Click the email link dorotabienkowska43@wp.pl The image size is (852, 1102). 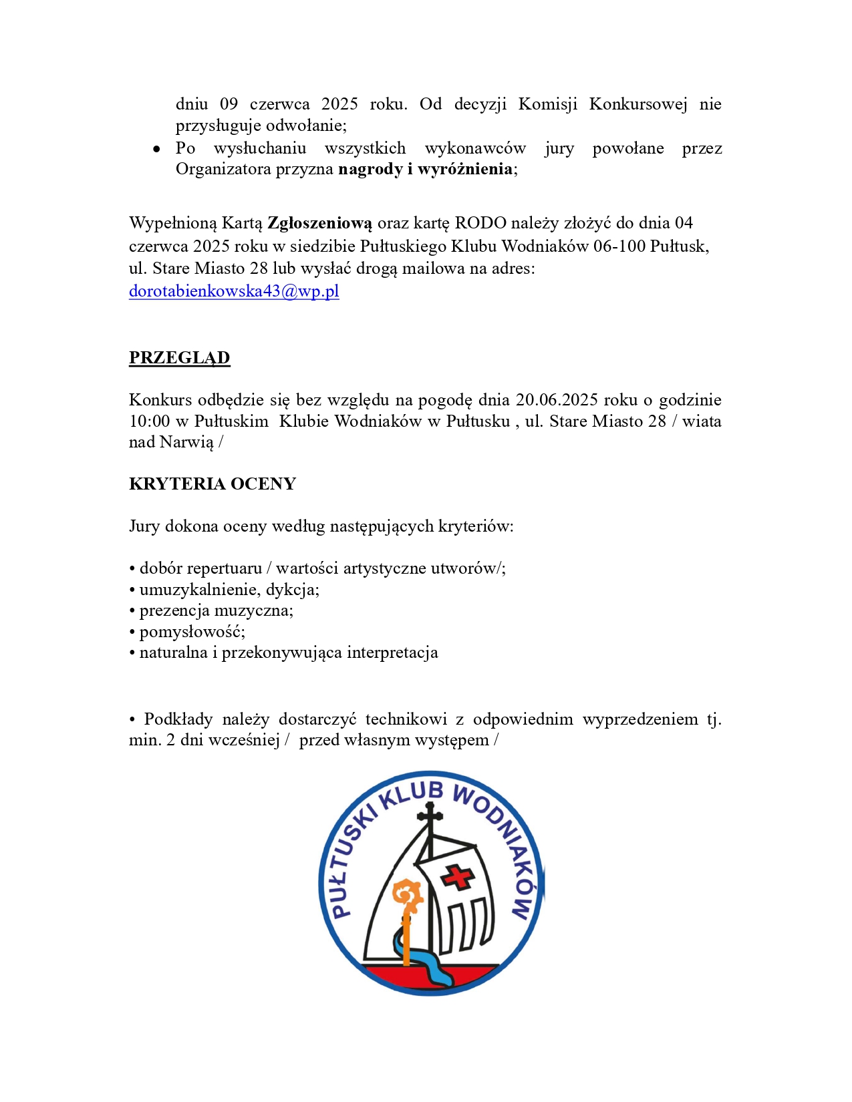[234, 291]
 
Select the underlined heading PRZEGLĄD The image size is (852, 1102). [179, 358]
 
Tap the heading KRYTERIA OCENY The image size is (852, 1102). [212, 484]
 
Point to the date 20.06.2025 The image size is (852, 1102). [557, 400]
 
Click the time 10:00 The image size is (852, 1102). [150, 421]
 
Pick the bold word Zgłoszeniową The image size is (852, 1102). [319, 223]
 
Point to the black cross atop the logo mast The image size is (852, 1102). [430, 814]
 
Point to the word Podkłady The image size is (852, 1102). [178, 719]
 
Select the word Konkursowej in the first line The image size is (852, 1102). [638, 104]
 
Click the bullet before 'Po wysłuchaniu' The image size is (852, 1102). [156, 149]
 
